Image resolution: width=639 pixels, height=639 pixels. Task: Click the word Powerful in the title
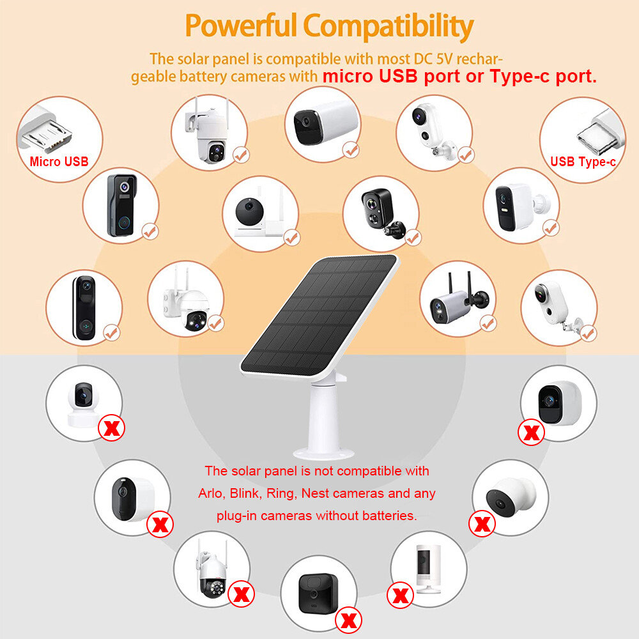(x=240, y=27)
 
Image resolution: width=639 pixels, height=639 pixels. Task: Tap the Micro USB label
(x=59, y=162)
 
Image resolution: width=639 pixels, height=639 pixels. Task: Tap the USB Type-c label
(x=583, y=162)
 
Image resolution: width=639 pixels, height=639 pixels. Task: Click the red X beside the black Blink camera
(x=349, y=619)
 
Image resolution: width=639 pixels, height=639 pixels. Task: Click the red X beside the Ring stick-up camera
(x=401, y=596)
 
